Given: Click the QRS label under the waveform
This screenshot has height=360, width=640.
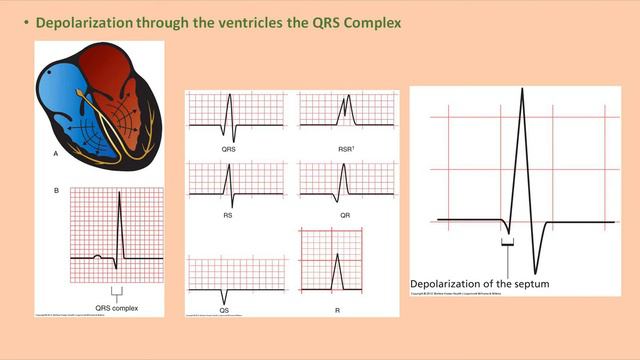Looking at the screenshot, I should [x=231, y=148].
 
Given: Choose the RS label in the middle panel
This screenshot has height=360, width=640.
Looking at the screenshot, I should [x=231, y=213].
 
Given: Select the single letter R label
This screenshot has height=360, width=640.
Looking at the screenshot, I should [x=338, y=310].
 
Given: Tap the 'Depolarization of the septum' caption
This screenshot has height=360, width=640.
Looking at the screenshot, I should [x=479, y=284].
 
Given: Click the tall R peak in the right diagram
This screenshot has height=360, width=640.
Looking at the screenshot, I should [x=521, y=92].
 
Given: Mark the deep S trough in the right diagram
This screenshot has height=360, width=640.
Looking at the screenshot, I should [x=536, y=270].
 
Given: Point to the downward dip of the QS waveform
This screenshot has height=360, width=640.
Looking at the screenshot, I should [x=225, y=293].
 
